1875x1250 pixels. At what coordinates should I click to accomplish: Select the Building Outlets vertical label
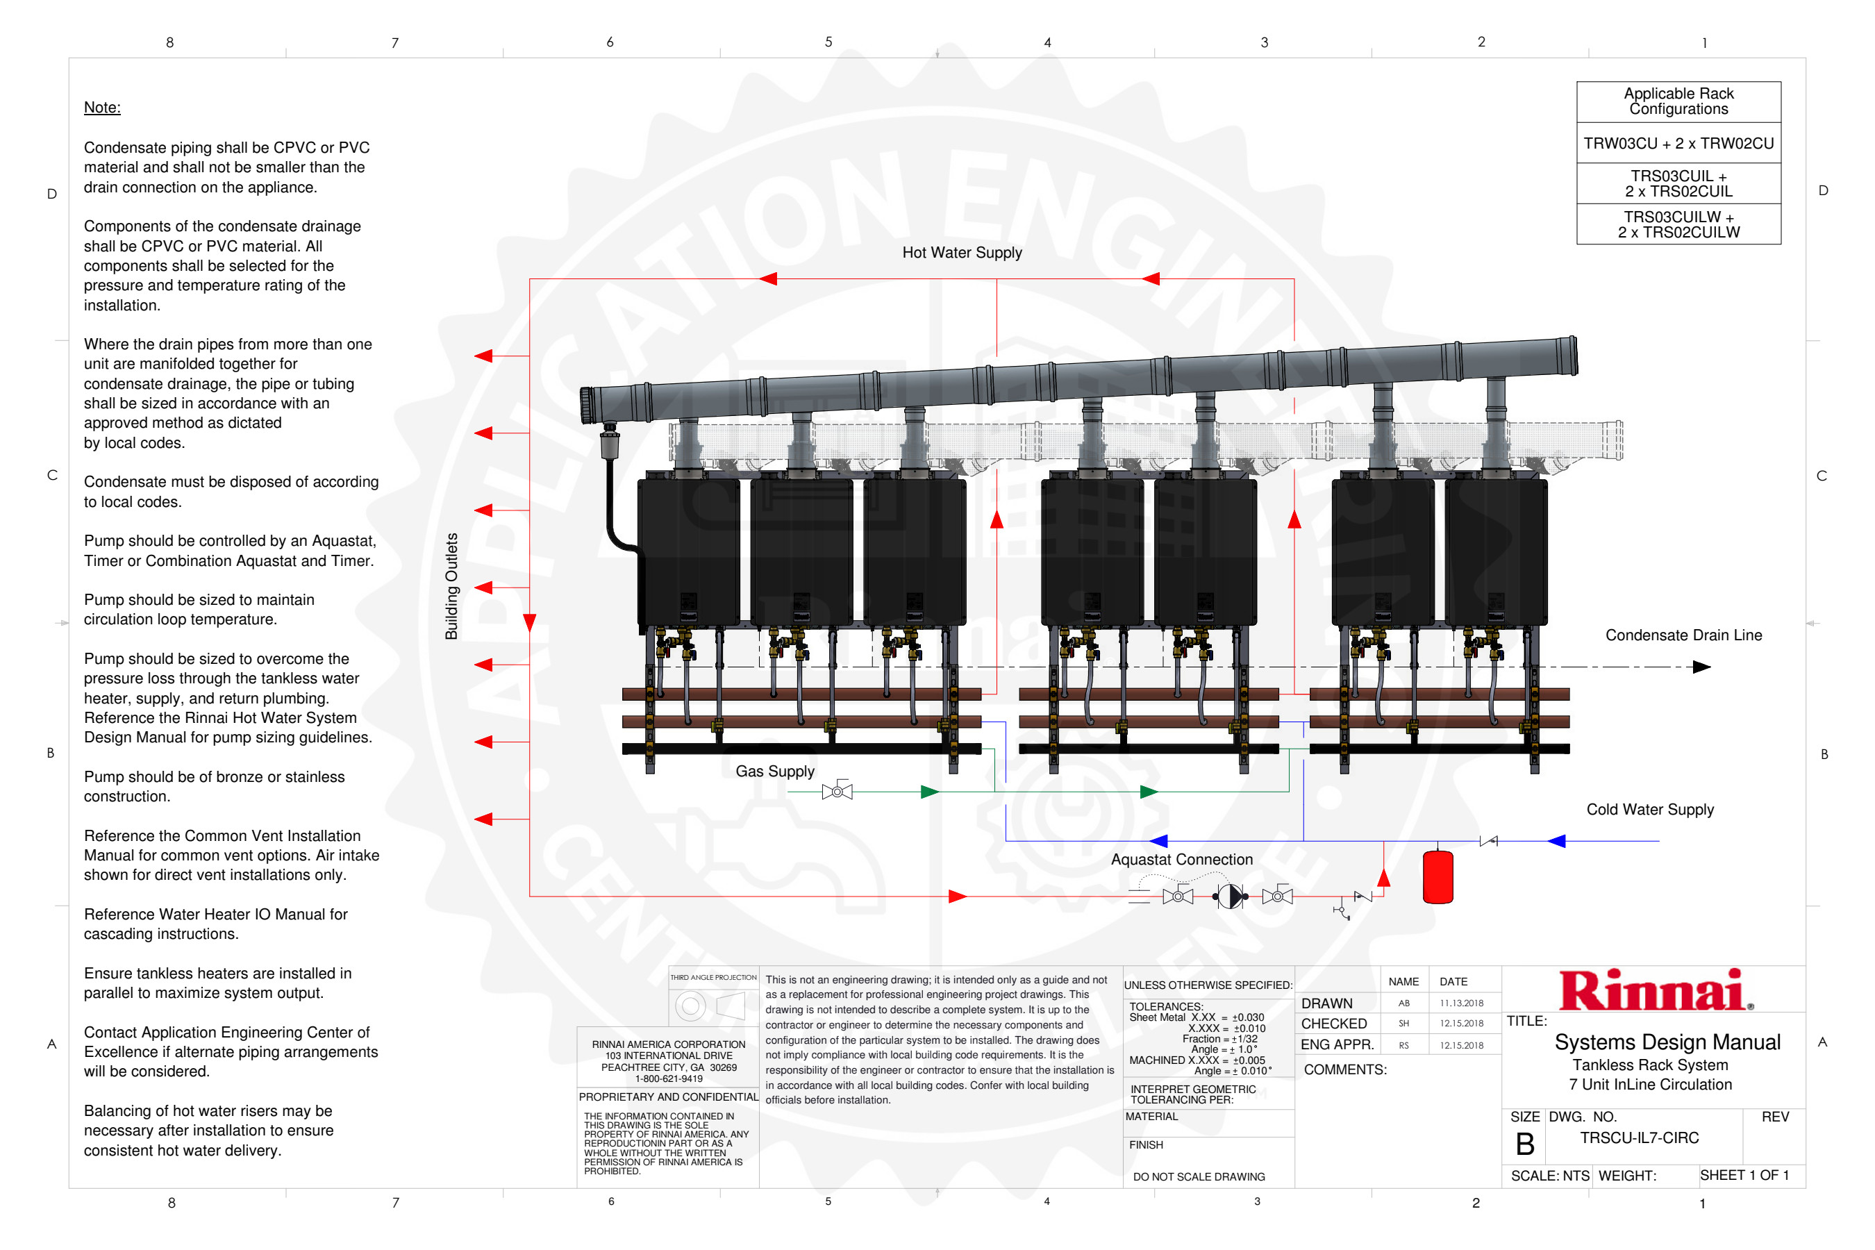(451, 586)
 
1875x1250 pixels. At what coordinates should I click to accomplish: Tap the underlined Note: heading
(102, 107)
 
